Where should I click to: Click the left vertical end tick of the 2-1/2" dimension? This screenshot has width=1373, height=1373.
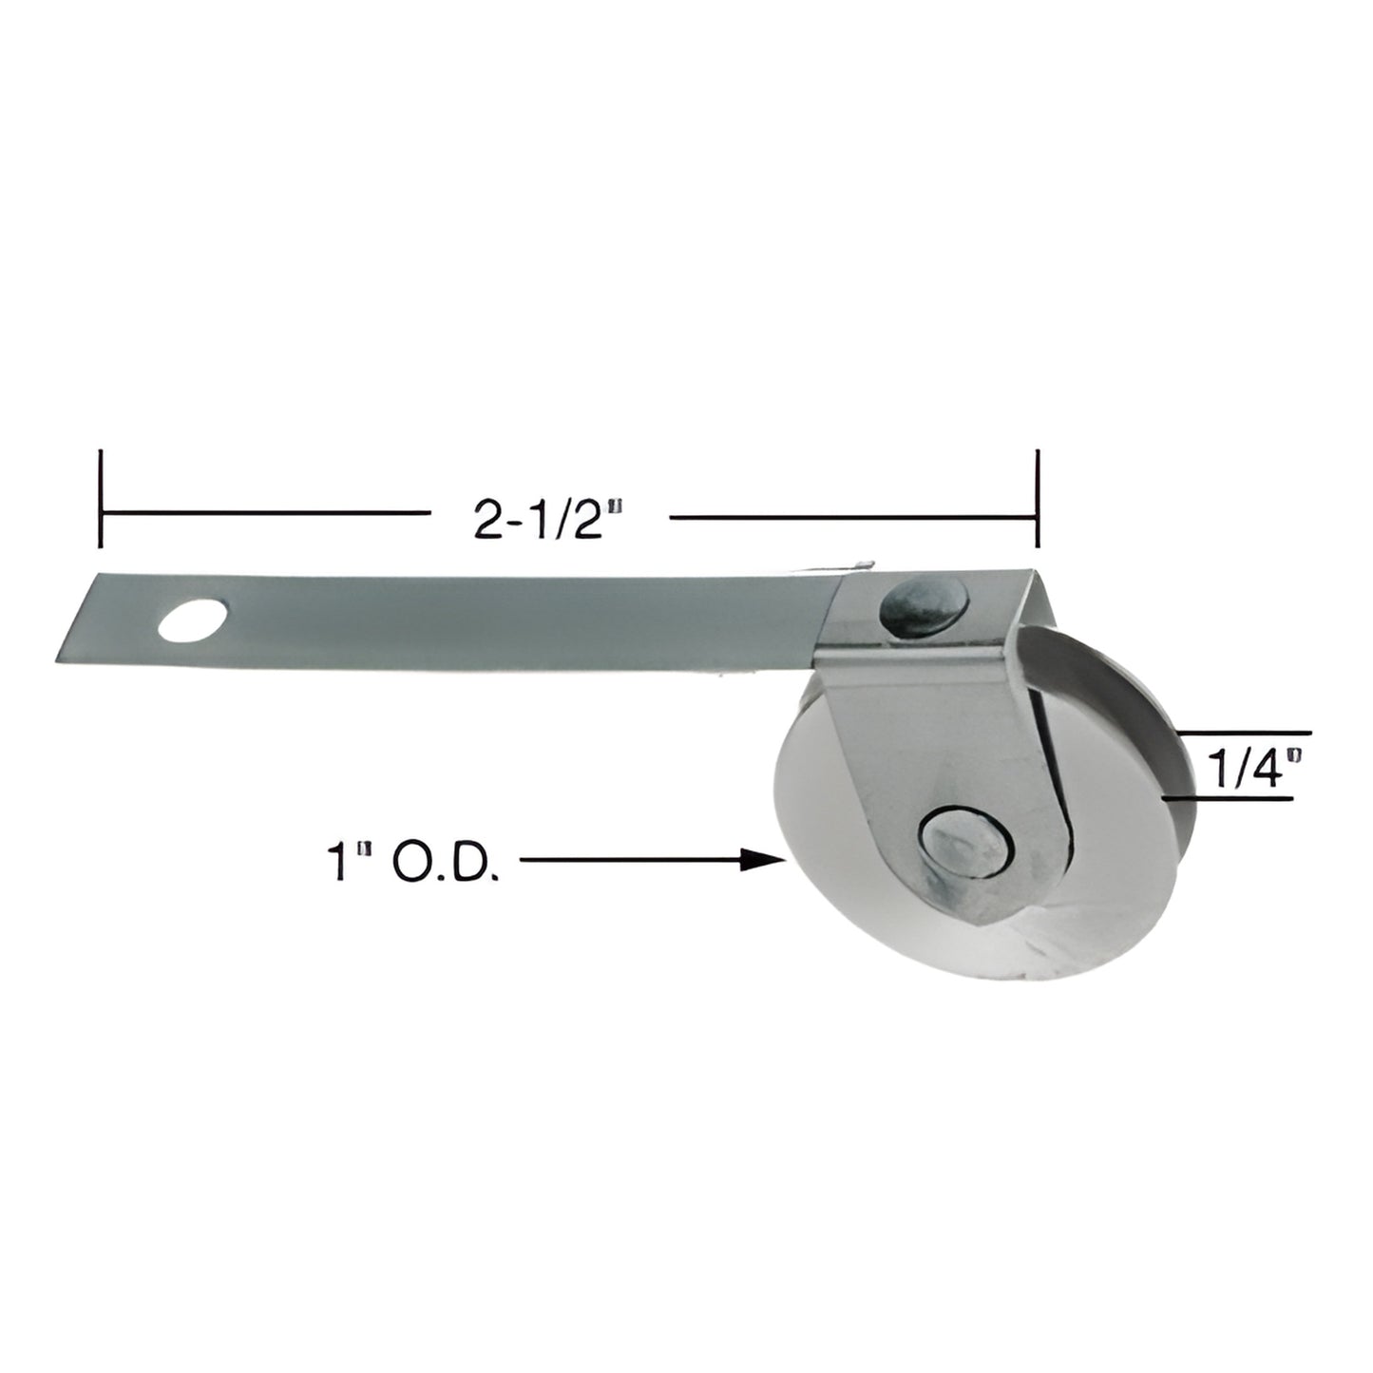(x=101, y=499)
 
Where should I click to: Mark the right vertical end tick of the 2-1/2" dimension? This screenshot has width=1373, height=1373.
(x=1037, y=499)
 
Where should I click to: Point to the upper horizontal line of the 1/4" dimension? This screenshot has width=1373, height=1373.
(x=1245, y=734)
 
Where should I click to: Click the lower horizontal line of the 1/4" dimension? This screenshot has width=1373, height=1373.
(x=1230, y=797)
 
